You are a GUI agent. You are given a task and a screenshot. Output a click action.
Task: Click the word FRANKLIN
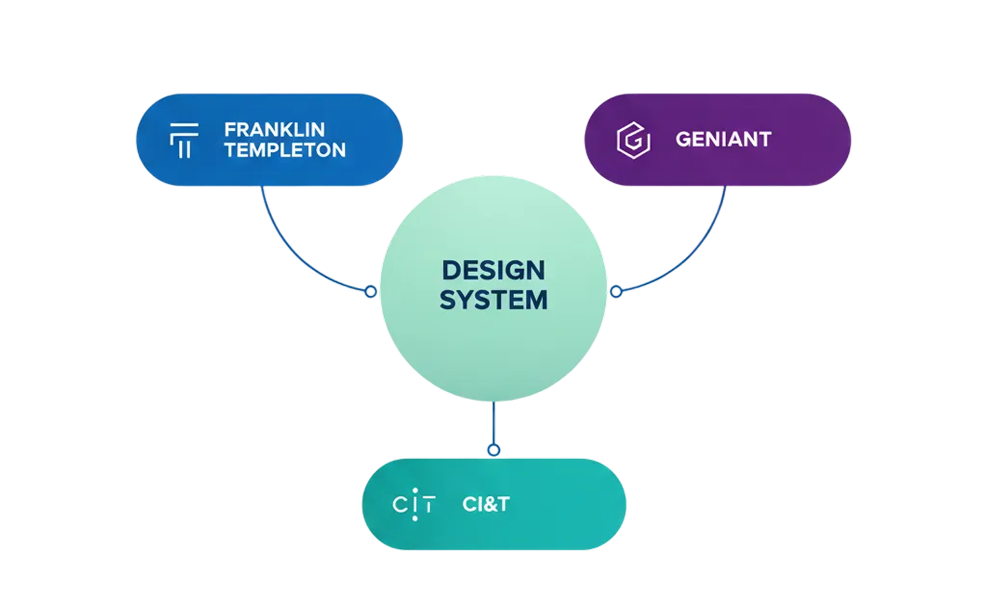tap(274, 130)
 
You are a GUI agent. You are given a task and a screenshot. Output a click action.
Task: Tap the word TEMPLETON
tap(285, 150)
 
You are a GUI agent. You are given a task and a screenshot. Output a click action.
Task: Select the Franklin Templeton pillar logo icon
tap(184, 140)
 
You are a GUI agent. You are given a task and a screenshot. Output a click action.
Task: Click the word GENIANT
tap(723, 139)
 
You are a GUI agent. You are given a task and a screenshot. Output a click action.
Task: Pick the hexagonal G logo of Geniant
tap(633, 140)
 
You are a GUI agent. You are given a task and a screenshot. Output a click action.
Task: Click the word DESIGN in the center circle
tap(493, 270)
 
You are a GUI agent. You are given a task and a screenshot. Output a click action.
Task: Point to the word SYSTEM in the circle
tap(493, 300)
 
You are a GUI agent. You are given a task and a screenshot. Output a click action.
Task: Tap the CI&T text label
tap(486, 504)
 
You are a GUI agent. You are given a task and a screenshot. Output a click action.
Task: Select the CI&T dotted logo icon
tap(414, 504)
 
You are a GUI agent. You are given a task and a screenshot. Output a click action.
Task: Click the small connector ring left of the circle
tap(371, 291)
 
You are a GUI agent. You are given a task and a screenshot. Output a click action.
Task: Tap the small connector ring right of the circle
tap(616, 291)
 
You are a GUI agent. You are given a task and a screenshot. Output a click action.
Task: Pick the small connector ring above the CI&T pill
tap(493, 450)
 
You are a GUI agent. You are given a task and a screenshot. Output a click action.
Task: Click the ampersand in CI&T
tap(485, 504)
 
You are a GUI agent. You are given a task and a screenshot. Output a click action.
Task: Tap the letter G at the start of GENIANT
tap(683, 139)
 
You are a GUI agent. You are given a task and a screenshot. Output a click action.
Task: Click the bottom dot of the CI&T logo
tap(415, 518)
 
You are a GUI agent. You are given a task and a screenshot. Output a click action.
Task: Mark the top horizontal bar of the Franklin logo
tap(184, 125)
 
